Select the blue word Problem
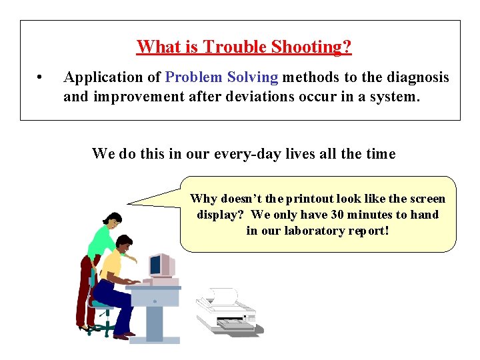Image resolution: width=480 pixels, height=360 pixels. click(192, 77)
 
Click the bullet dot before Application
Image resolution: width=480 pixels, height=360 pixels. click(41, 78)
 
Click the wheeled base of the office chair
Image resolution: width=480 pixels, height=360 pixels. click(100, 327)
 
